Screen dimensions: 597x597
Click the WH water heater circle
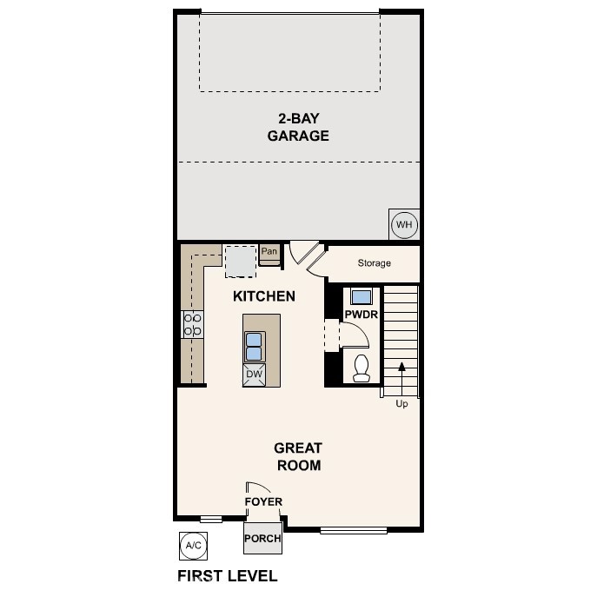(x=404, y=225)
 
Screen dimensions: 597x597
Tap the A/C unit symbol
(x=192, y=545)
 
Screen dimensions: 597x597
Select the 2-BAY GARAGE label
(x=298, y=127)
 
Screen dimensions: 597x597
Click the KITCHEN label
(x=264, y=296)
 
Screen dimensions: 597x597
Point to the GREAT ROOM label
(x=298, y=456)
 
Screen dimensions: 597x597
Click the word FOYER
(x=263, y=501)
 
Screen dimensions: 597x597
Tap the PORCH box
(x=262, y=538)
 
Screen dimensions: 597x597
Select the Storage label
(x=375, y=263)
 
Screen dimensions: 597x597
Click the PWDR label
(x=361, y=315)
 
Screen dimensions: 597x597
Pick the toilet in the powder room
(x=362, y=368)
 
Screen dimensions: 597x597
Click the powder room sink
(x=361, y=294)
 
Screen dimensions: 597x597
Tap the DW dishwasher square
(x=255, y=375)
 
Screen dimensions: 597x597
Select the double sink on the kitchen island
(x=255, y=346)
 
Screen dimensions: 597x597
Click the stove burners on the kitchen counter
(x=193, y=324)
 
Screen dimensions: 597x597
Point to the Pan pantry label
(x=269, y=252)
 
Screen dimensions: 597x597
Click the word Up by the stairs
(x=401, y=404)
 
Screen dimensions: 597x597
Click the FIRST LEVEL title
(x=228, y=575)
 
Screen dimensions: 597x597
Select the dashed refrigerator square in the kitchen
(x=240, y=260)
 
